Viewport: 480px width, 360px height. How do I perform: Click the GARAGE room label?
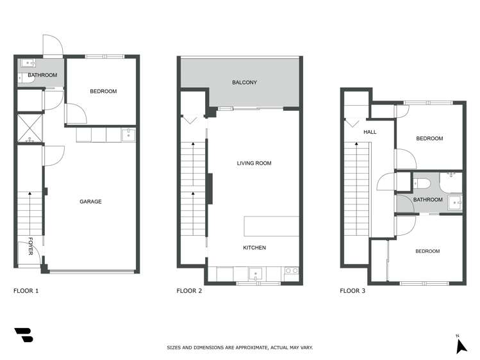click(90, 202)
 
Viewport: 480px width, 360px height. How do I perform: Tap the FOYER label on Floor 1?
click(30, 247)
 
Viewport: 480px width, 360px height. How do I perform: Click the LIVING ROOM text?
click(254, 163)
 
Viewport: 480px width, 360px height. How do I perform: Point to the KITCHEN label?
click(254, 248)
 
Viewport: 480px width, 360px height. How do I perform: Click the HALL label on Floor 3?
click(370, 133)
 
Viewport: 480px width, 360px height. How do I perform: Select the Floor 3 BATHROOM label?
click(427, 200)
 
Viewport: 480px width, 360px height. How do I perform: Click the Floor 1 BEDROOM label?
click(103, 92)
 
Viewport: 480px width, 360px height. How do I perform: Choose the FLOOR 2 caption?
click(189, 291)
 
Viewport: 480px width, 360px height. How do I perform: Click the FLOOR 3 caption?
click(352, 291)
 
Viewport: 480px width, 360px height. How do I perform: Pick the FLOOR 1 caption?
click(26, 291)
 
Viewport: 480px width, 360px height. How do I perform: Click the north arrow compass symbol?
click(460, 346)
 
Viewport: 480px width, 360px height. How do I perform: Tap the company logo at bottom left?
click(24, 335)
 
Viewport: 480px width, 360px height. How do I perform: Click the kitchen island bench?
click(271, 227)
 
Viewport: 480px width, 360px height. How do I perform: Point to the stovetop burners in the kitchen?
click(291, 272)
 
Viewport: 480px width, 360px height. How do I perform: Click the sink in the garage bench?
click(128, 135)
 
